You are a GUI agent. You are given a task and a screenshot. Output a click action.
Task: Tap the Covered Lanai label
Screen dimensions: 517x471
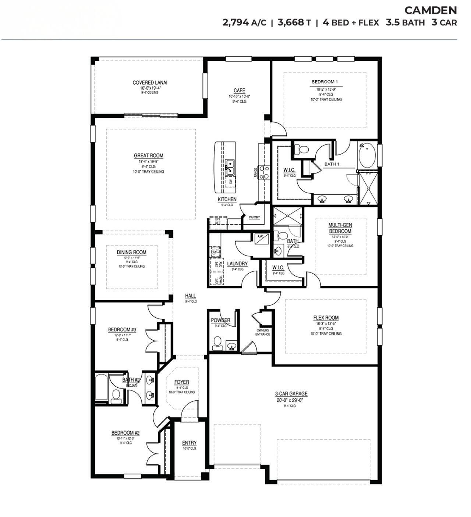(150, 82)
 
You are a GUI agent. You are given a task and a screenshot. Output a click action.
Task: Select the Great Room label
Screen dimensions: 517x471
(148, 155)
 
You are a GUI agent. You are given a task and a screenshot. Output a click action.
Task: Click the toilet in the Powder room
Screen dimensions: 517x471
(217, 342)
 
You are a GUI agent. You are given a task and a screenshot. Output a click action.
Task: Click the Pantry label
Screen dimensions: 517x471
(254, 218)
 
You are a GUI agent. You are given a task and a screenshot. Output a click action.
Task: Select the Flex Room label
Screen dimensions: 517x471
(326, 317)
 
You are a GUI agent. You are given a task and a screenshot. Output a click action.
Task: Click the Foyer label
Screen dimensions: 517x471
(181, 382)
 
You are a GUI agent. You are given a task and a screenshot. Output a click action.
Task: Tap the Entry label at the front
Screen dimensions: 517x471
(189, 443)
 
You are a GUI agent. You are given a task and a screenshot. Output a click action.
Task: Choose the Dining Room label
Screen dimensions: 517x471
(131, 252)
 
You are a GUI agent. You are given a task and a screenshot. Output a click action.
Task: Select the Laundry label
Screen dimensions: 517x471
(237, 264)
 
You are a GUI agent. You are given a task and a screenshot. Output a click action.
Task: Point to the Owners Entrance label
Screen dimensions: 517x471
(263, 332)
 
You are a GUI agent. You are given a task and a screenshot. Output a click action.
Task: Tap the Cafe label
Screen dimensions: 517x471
(239, 91)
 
